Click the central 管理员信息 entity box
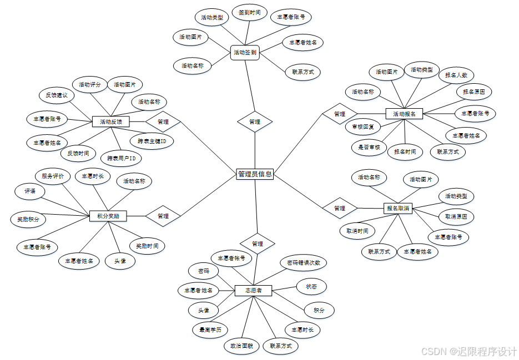(x=255, y=174)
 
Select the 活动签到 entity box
(x=245, y=53)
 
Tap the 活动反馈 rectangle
(x=110, y=121)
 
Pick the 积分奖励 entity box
(x=108, y=215)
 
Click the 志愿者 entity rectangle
(x=253, y=290)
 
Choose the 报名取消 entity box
(x=397, y=208)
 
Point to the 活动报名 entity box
(x=404, y=114)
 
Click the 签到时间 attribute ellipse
(x=249, y=12)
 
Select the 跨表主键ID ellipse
(x=152, y=141)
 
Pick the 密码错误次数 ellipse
(x=303, y=262)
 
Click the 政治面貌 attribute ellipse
(x=241, y=346)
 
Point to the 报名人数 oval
(x=456, y=75)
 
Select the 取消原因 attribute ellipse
(x=456, y=216)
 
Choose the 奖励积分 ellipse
(x=28, y=219)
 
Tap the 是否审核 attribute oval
(x=369, y=147)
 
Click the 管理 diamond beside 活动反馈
(x=163, y=121)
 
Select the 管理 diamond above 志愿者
(x=258, y=244)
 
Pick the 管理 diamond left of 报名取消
(x=340, y=208)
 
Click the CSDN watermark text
(x=468, y=351)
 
